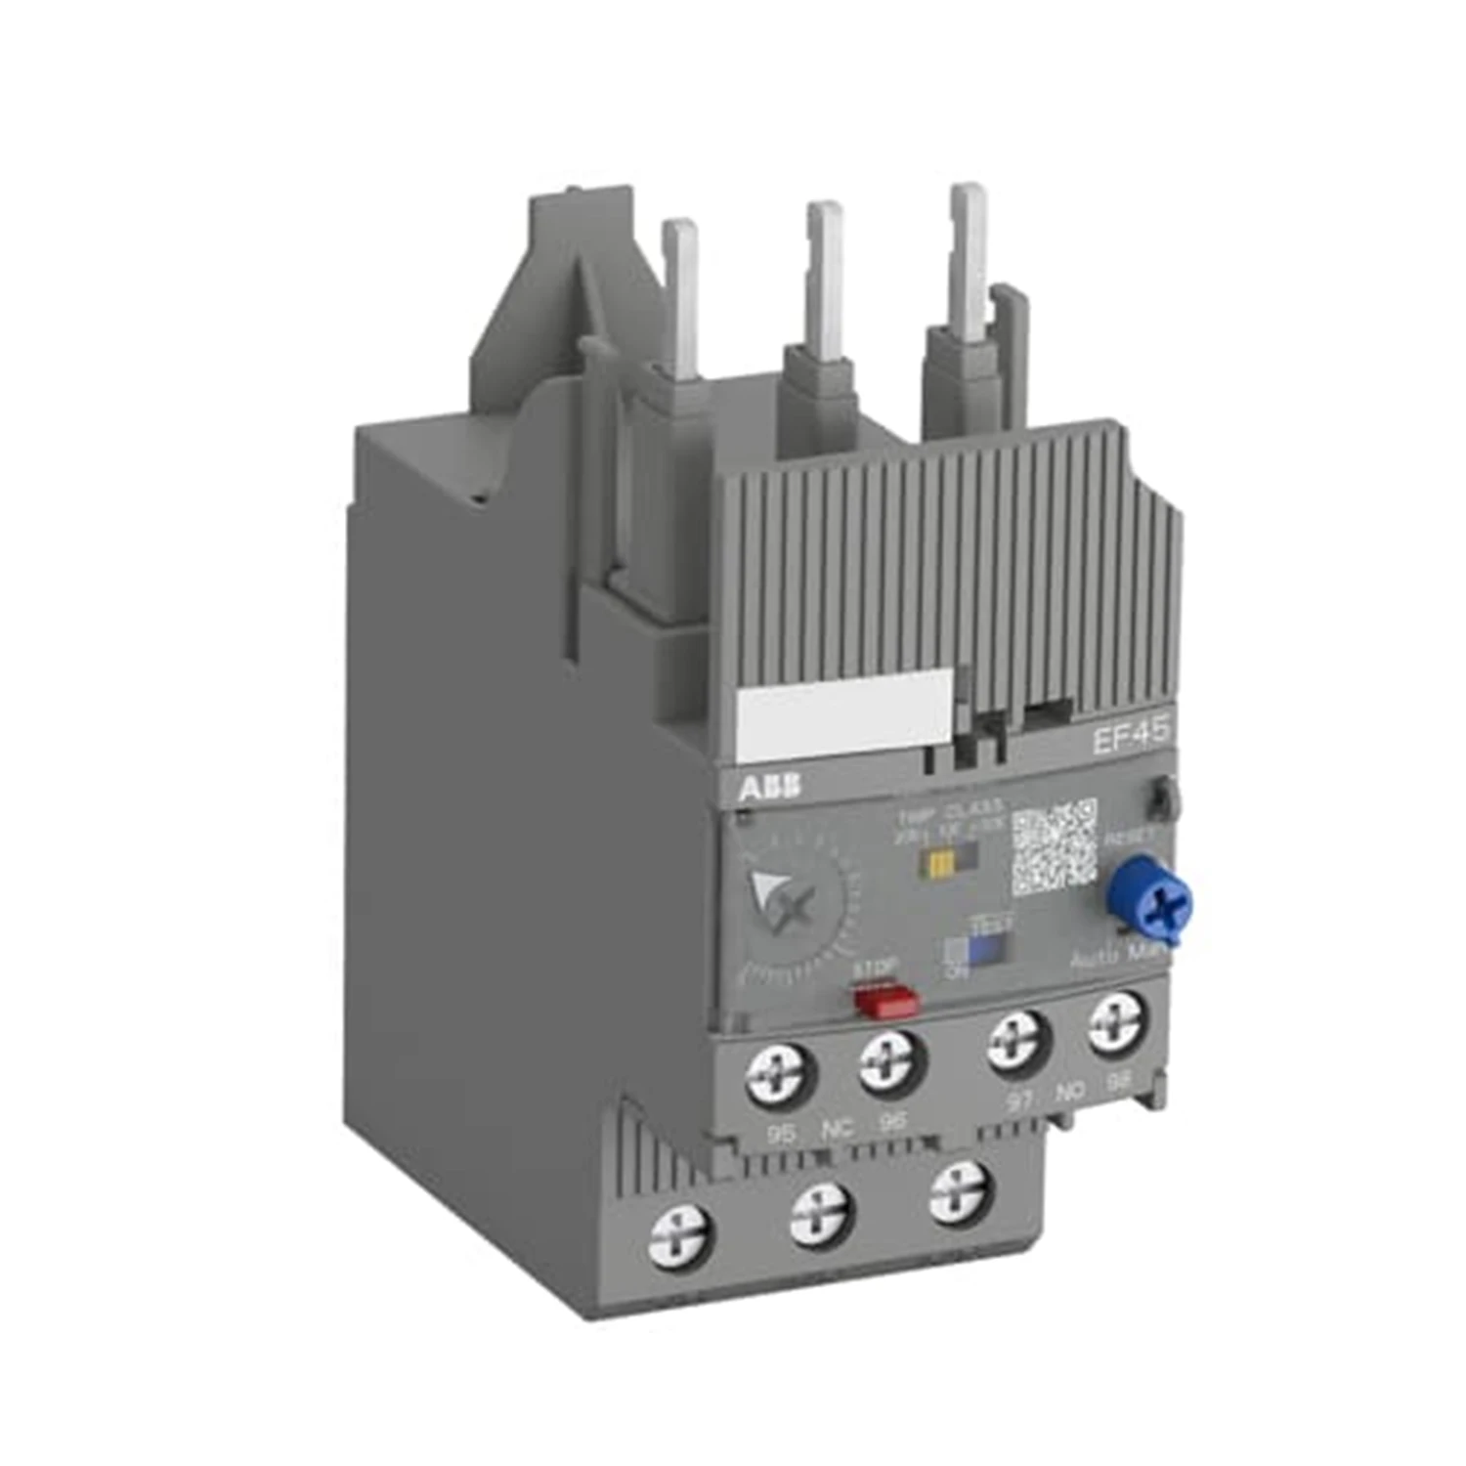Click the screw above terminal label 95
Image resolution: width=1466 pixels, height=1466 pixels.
coord(780,1077)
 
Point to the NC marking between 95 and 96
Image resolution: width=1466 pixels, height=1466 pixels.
coord(837,1130)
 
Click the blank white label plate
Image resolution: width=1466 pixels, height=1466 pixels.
coord(842,721)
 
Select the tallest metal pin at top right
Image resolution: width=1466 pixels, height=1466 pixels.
coord(970,254)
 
